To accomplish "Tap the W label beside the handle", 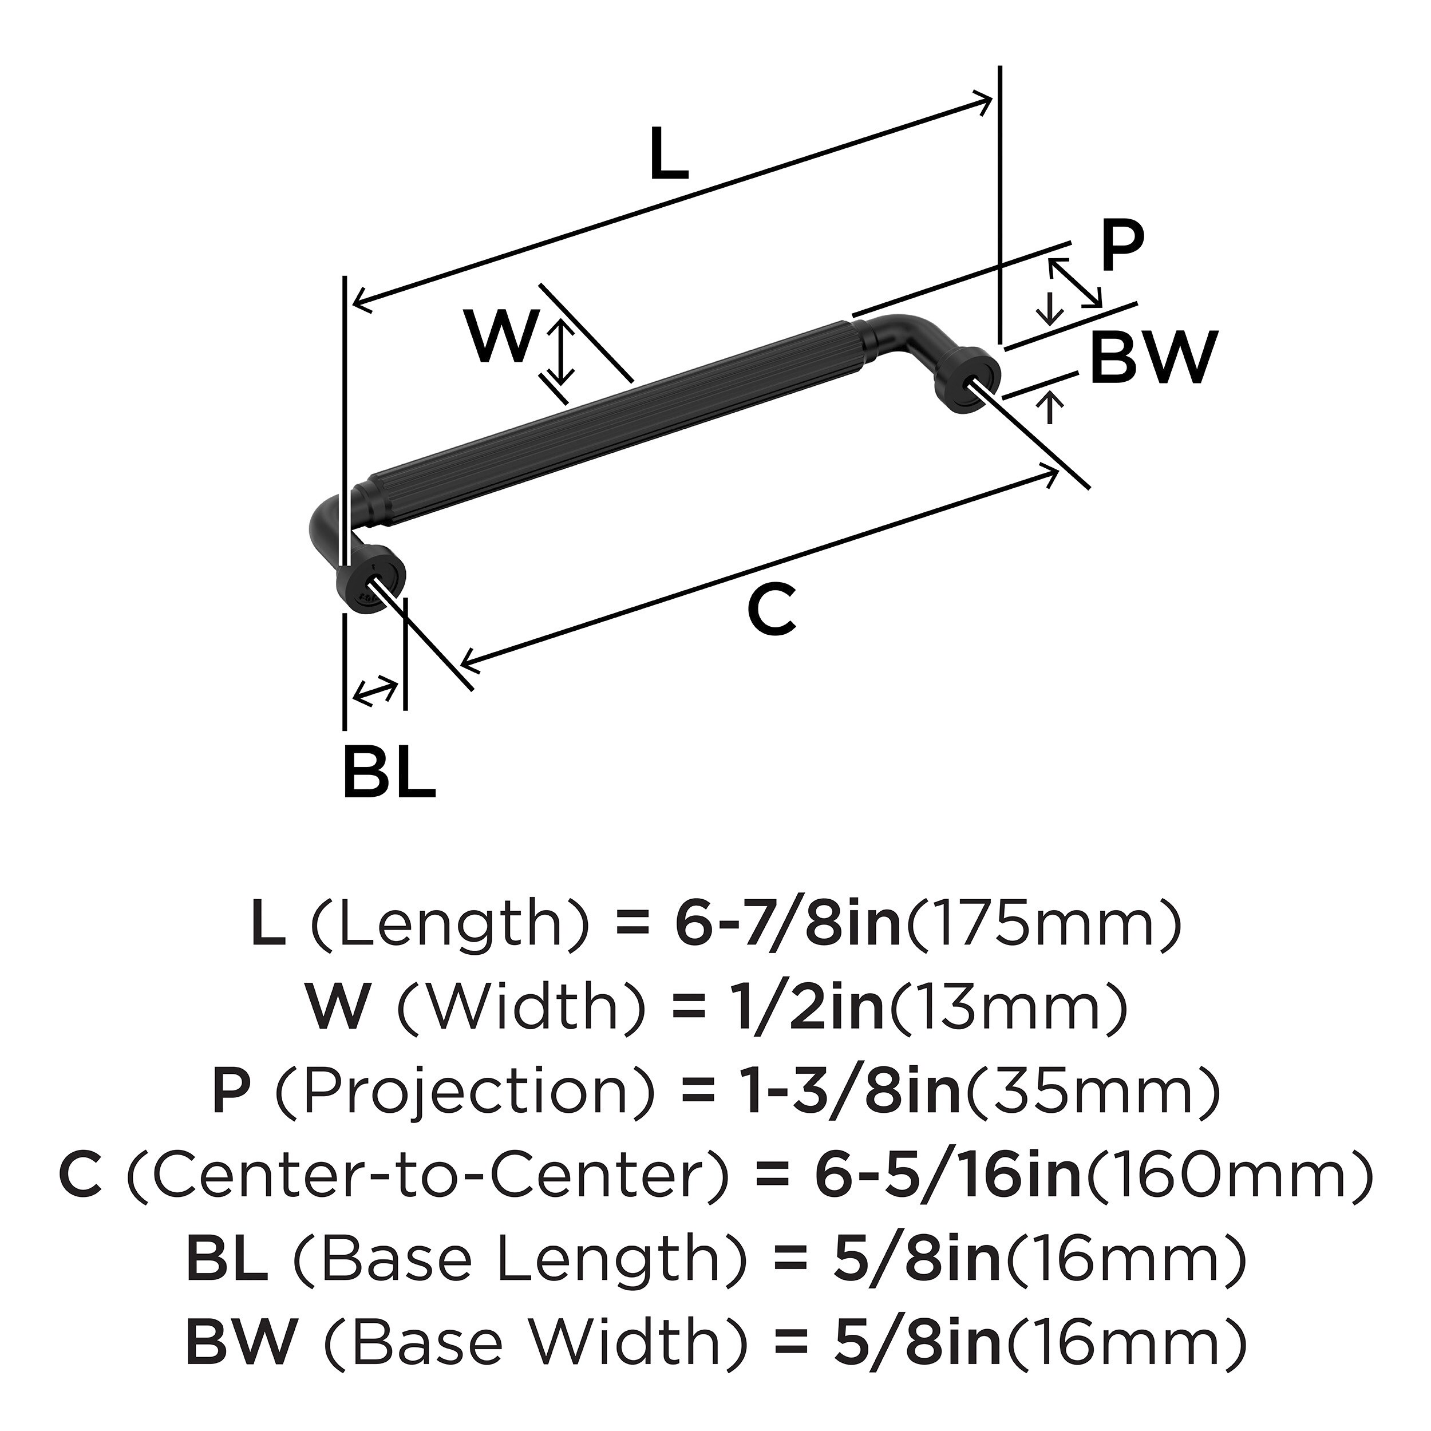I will coord(501,337).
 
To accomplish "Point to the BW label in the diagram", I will coord(1153,357).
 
